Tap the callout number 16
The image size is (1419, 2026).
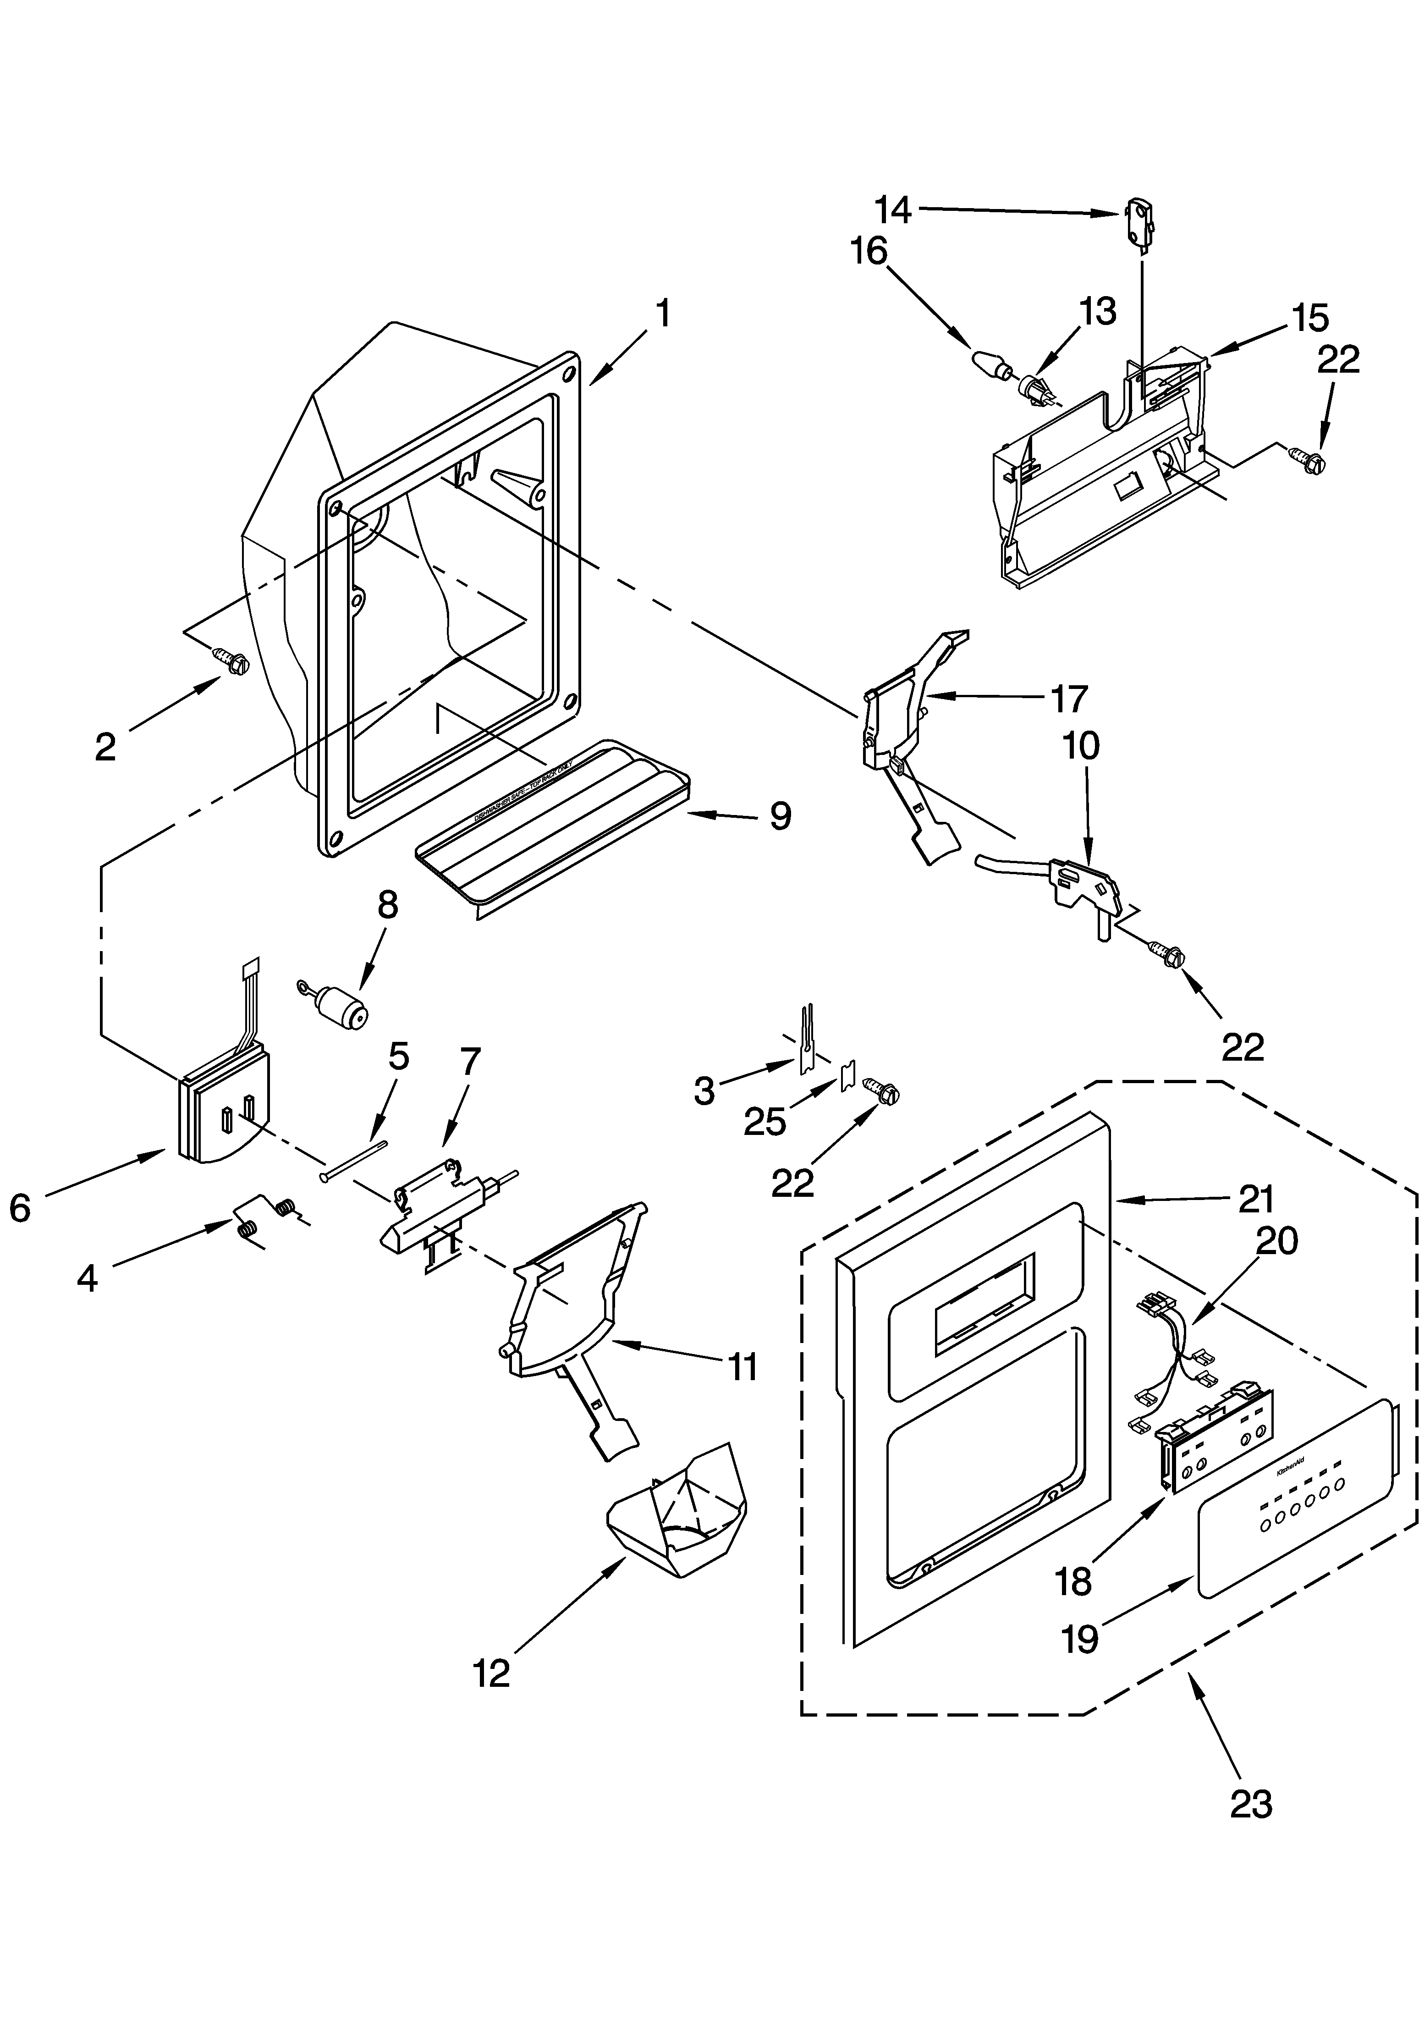tap(869, 252)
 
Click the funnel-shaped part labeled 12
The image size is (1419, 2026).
tap(678, 1514)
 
